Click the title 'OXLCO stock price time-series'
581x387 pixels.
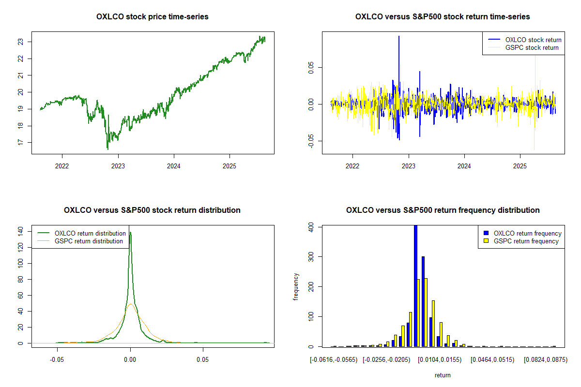pos(153,17)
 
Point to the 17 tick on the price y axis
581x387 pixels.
pos(20,142)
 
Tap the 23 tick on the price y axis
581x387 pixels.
pos(20,42)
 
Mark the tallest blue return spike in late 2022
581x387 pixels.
pos(399,37)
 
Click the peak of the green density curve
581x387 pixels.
pos(130,233)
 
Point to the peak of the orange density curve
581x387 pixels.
pos(130,304)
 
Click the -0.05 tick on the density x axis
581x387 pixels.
pos(58,359)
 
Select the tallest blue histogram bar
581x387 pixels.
pos(415,285)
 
